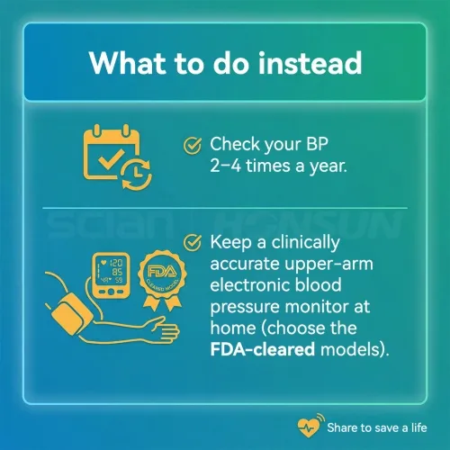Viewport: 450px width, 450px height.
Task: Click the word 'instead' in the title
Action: (x=310, y=63)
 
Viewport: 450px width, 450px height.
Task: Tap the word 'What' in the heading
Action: (x=127, y=63)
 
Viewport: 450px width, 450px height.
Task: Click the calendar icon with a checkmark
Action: (x=111, y=152)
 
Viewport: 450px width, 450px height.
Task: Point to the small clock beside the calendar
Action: (x=137, y=175)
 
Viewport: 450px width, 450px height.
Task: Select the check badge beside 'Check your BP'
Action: (x=193, y=146)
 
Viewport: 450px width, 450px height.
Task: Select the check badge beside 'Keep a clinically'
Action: (x=193, y=242)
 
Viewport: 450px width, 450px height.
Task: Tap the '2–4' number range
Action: (x=225, y=166)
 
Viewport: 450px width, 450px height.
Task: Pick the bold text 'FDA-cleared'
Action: (x=263, y=349)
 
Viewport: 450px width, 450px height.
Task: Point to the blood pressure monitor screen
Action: (x=111, y=272)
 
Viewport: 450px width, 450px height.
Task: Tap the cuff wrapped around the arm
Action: (x=71, y=314)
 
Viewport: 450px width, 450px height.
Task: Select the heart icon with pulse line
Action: (x=309, y=427)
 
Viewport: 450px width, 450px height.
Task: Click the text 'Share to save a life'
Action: (x=377, y=427)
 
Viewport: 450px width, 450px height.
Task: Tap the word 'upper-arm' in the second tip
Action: (x=328, y=265)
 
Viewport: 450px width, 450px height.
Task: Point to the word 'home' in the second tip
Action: (x=233, y=328)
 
